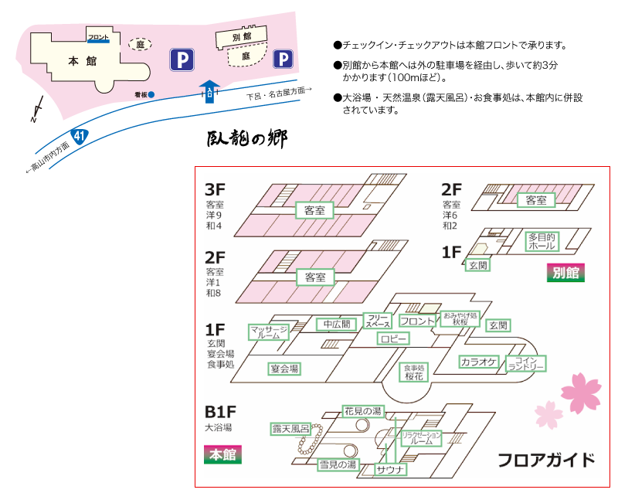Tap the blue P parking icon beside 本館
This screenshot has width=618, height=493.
(182, 59)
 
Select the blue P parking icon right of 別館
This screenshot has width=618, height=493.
(284, 58)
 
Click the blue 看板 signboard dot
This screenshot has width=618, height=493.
(152, 94)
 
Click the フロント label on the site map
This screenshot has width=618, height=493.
(98, 37)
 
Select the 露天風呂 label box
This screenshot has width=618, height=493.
(290, 428)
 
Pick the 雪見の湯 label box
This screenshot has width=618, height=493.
(338, 464)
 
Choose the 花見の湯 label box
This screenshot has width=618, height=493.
(362, 411)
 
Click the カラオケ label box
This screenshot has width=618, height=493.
(479, 361)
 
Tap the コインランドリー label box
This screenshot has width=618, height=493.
(525, 363)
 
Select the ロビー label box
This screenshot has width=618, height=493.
(393, 338)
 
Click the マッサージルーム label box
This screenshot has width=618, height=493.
(269, 332)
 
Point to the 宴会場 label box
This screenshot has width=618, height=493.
(284, 369)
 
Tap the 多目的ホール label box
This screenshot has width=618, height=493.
(542, 240)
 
